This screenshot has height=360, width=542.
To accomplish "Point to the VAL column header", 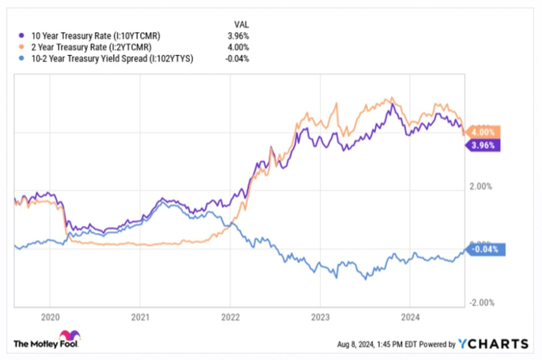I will click(241, 24).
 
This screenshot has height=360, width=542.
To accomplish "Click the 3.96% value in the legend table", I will click(239, 36).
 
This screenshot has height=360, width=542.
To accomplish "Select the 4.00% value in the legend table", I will click(239, 47).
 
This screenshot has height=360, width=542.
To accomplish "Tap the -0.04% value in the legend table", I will click(237, 59).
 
